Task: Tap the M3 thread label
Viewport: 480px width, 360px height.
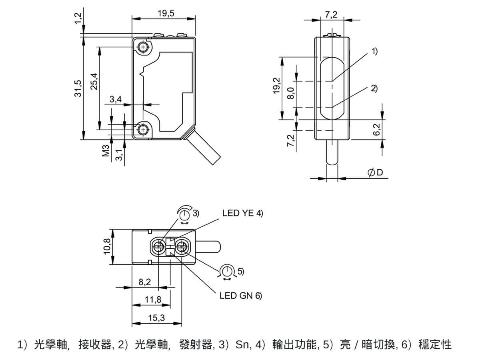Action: (106, 151)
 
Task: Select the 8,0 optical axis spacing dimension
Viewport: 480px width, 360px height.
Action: (291, 94)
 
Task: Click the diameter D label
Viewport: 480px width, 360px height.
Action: (375, 172)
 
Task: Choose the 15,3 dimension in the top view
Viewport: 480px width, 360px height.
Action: (156, 318)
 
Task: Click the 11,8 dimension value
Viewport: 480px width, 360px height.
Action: (153, 300)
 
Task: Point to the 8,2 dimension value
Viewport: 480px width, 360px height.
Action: (144, 282)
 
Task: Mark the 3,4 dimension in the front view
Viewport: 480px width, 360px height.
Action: (116, 100)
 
